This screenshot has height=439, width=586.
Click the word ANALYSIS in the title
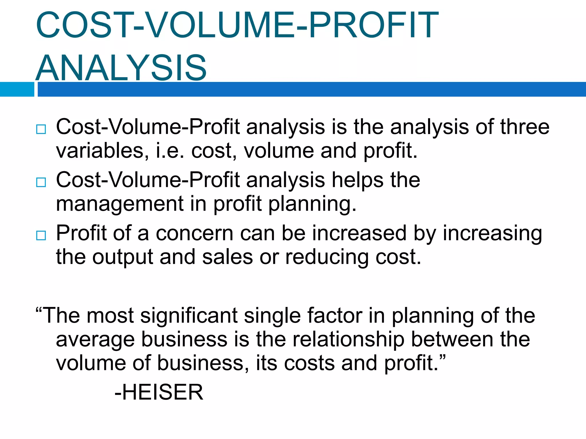tap(121, 68)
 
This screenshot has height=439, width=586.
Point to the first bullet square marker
tap(41, 129)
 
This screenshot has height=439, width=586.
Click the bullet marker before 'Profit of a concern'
tap(41, 236)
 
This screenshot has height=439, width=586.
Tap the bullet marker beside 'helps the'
tap(41, 182)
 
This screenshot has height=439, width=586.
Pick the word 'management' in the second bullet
tap(120, 204)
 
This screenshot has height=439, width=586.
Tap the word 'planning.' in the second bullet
tap(313, 204)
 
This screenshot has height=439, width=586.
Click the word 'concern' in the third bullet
tap(195, 233)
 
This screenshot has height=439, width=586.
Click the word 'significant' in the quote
tap(189, 316)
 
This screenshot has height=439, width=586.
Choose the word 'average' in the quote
tap(95, 339)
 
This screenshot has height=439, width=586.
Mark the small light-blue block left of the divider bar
tap(17, 89)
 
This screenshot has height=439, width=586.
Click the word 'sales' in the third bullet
tap(227, 257)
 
